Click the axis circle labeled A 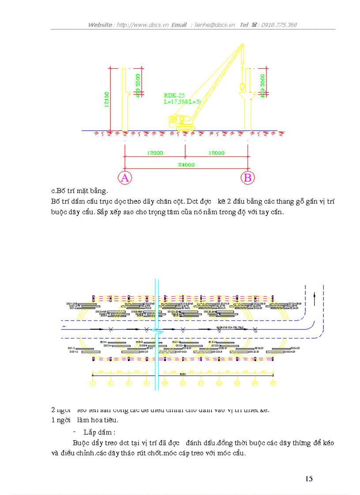tap(125, 178)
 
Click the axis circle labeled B tap(247, 178)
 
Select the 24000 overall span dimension tap(186, 165)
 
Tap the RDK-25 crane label tap(174, 95)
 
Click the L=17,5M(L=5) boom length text tap(182, 102)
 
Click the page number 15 tap(309, 479)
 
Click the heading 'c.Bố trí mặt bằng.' tap(79, 191)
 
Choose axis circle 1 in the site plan tap(93, 383)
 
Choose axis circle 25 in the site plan tap(273, 383)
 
